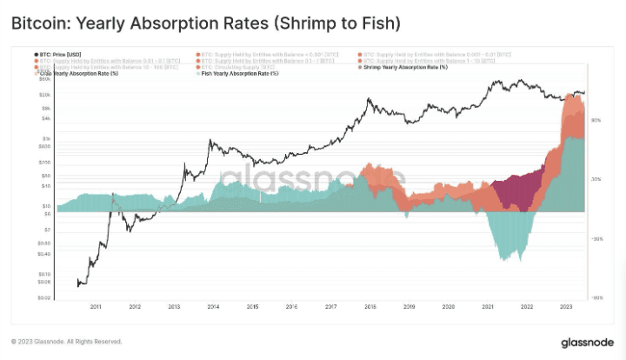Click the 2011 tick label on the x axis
96,307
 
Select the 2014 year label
213,307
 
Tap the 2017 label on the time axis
330,307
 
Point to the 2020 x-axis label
448,307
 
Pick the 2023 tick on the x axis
565,307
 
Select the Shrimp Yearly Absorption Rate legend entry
399,67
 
